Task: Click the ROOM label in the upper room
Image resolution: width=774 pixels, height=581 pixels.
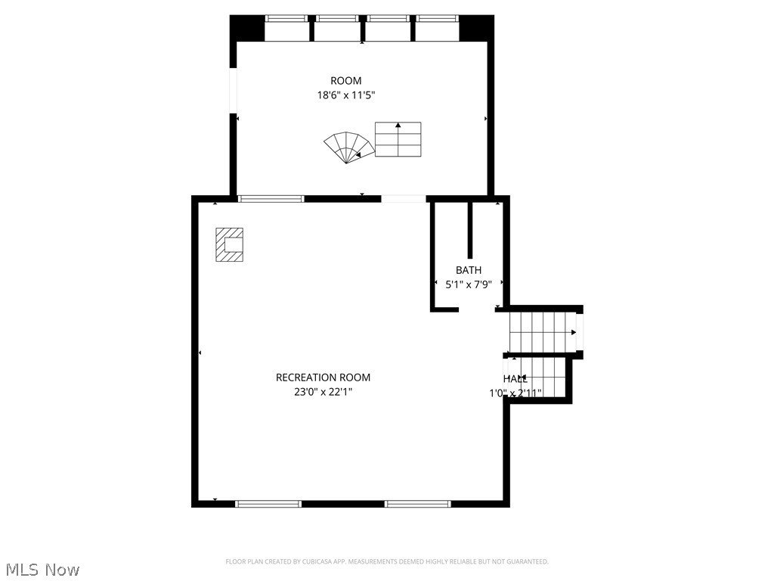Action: pos(345,81)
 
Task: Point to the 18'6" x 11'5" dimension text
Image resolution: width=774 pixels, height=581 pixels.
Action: pos(345,95)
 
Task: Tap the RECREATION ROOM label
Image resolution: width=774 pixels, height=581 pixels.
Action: pos(323,377)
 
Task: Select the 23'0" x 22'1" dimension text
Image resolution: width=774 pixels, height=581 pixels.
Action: pos(323,392)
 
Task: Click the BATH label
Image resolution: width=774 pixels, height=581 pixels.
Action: pos(468,270)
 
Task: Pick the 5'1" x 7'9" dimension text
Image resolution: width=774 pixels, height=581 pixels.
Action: pos(468,284)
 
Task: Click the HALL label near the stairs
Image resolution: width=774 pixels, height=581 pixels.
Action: pos(515,379)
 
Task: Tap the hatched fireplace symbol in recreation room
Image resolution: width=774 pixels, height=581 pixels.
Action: pos(230,245)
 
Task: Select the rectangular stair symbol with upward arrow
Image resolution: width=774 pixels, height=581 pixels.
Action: pos(398,139)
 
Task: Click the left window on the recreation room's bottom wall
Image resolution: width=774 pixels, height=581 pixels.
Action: pos(268,503)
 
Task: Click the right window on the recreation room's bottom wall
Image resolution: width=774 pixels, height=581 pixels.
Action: pos(418,503)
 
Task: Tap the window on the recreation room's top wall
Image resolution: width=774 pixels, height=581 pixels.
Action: pos(271,199)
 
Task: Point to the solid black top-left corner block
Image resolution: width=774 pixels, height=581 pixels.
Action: pos(246,28)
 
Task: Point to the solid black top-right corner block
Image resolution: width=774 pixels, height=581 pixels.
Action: pos(477,28)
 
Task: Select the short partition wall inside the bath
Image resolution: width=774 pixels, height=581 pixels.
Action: pos(470,230)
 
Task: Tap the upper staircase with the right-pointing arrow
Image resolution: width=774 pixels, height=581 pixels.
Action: pos(543,331)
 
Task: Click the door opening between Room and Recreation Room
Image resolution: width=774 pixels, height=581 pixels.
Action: pos(404,199)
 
